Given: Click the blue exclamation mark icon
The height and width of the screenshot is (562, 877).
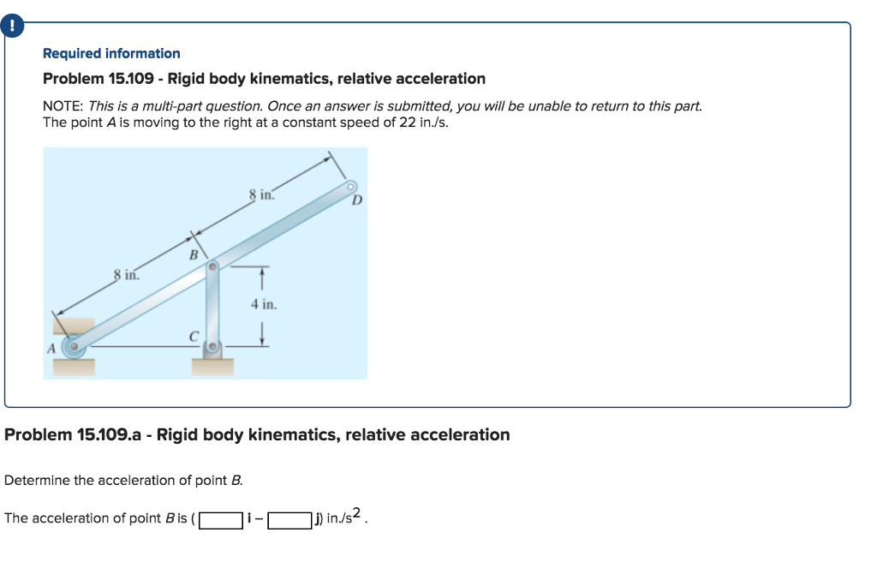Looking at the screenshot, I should pyautogui.click(x=11, y=27).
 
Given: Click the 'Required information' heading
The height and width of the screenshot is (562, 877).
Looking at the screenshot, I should pyautogui.click(x=111, y=53).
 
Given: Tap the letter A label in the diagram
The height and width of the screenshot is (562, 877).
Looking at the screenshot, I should pyautogui.click(x=50, y=348).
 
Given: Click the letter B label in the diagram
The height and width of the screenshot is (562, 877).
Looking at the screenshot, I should pyautogui.click(x=193, y=254).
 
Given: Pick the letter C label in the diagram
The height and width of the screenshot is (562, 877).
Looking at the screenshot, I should pyautogui.click(x=194, y=337).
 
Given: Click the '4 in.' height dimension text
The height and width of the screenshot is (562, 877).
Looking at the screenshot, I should pyautogui.click(x=264, y=304).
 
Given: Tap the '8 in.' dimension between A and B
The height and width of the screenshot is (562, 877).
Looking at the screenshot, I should pyautogui.click(x=127, y=276).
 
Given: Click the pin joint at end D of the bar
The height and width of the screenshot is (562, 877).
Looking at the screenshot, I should pyautogui.click(x=350, y=186).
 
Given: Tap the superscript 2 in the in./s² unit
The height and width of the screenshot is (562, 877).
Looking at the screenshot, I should pyautogui.click(x=361, y=514).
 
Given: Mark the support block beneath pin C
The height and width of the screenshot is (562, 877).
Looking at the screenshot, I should pyautogui.click(x=212, y=367).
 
